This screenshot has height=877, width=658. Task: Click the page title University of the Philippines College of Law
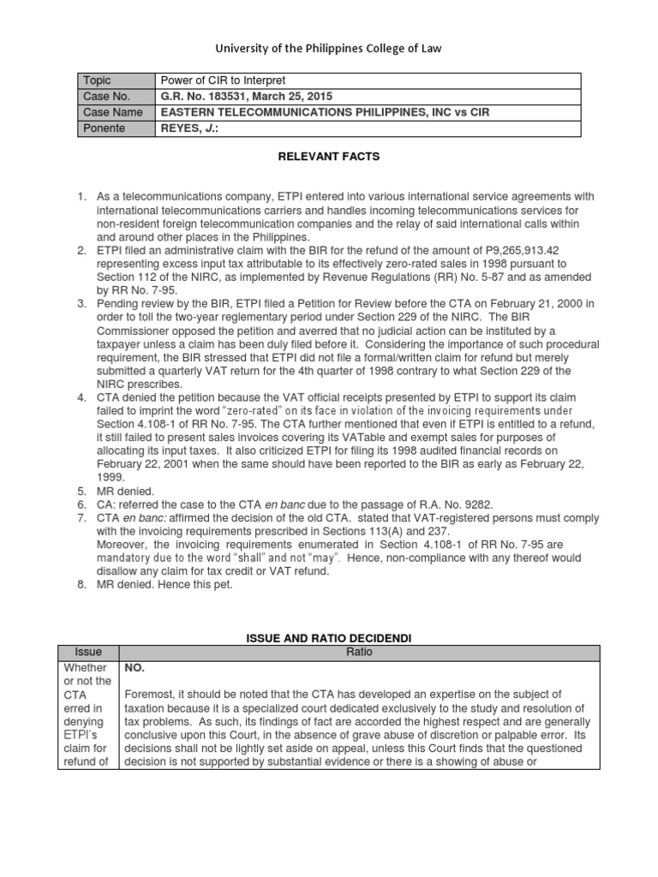(x=328, y=49)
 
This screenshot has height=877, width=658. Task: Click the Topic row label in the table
(x=97, y=81)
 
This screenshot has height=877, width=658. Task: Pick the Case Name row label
(x=112, y=113)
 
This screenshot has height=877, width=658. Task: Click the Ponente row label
(x=104, y=128)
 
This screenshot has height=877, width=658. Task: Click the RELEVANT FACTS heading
(x=328, y=158)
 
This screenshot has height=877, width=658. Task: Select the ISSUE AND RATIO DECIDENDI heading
(x=328, y=638)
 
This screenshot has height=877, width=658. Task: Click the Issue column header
(x=87, y=653)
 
